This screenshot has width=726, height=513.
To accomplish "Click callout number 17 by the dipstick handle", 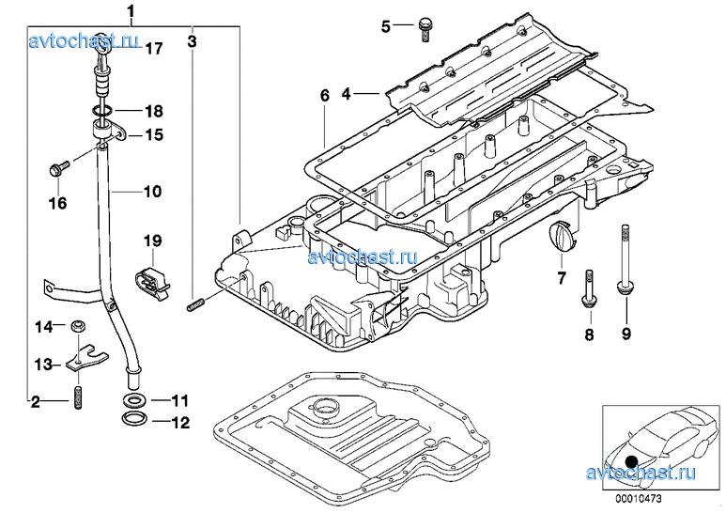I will (153, 48).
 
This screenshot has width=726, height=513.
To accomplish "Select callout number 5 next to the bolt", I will (385, 26).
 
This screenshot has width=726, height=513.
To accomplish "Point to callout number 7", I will (561, 277).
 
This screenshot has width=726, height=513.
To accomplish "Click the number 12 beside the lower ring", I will (179, 422).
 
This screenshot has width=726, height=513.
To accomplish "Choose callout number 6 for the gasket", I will (325, 96).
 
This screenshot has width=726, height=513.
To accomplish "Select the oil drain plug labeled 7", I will (561, 236).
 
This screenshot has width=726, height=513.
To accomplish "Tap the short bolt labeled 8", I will (588, 288).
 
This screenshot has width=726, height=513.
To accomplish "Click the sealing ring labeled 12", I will (134, 419).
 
